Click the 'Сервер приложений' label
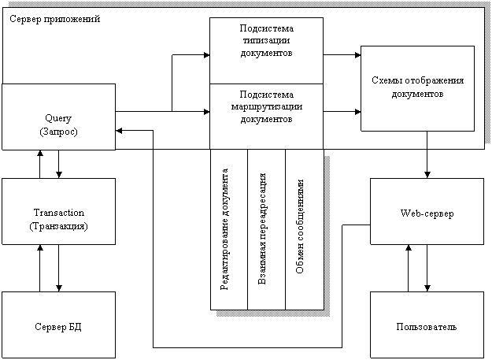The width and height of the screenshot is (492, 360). pyautogui.click(x=54, y=17)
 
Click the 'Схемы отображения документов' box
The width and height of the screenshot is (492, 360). pyautogui.click(x=417, y=87)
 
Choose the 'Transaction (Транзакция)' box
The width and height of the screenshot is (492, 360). pyautogui.click(x=58, y=218)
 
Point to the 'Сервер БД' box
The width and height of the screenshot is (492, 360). pyautogui.click(x=58, y=326)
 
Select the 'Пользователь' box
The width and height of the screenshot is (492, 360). pyautogui.click(x=427, y=326)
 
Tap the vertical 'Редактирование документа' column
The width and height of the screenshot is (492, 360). pyautogui.click(x=228, y=228)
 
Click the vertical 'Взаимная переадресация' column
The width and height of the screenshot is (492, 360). pyautogui.click(x=266, y=228)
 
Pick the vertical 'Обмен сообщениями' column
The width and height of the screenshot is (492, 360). pyautogui.click(x=304, y=228)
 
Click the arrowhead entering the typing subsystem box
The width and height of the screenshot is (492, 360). pyautogui.click(x=205, y=55)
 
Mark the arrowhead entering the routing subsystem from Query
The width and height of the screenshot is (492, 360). pyautogui.click(x=205, y=112)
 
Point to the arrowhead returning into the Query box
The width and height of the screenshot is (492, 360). pyautogui.click(x=120, y=131)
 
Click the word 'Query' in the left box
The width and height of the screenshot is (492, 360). pyautogui.click(x=58, y=117)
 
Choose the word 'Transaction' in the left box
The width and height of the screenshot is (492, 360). pyautogui.click(x=58, y=213)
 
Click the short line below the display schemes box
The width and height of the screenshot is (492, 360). pyautogui.click(x=427, y=139)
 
